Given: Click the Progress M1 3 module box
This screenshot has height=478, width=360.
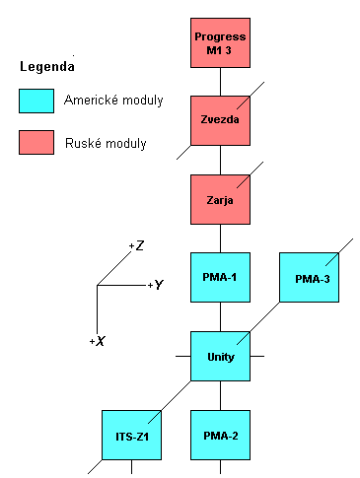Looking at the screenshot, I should coord(220,42).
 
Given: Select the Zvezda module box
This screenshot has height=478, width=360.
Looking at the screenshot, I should coord(220,120).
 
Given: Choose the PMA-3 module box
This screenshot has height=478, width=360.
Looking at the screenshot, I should coord(308,279).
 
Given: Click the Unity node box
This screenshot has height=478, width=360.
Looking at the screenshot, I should coord(220,356).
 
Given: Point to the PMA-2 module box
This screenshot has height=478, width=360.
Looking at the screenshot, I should coord(220,435).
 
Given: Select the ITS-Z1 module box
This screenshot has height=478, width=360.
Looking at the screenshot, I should coord(131,435).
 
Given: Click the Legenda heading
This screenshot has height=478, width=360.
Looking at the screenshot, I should coord(46,67).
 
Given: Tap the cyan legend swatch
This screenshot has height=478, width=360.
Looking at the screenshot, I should coord(36,101).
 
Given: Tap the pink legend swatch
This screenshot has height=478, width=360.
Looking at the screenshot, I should coord(36,144).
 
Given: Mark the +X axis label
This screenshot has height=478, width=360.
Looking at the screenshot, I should coord(97,340).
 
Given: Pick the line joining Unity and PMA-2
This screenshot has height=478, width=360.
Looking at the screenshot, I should coord(220,395).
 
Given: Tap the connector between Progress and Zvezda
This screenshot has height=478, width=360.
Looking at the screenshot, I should coord(220,81).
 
